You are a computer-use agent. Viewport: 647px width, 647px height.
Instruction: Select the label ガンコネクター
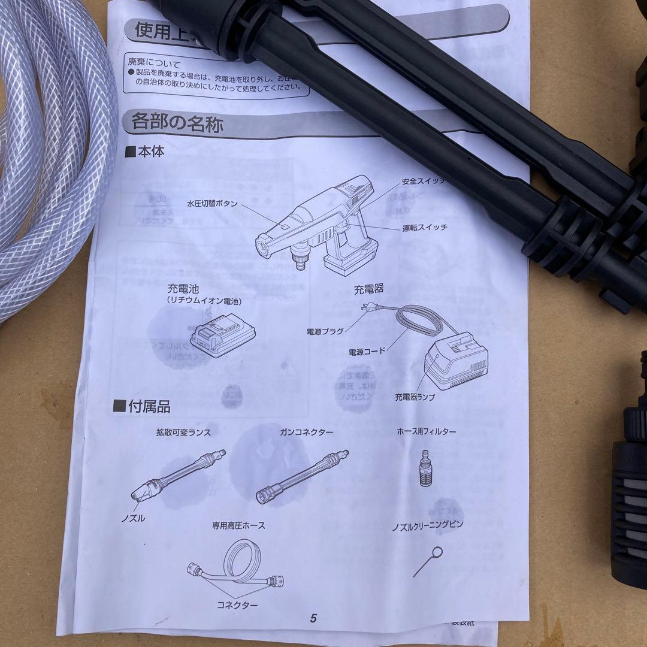306,432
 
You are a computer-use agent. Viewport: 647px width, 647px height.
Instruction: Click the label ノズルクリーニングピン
427,525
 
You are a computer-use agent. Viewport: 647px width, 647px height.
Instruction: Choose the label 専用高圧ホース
238,525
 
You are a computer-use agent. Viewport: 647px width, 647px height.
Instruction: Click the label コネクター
238,605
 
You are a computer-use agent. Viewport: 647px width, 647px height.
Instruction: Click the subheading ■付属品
143,407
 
